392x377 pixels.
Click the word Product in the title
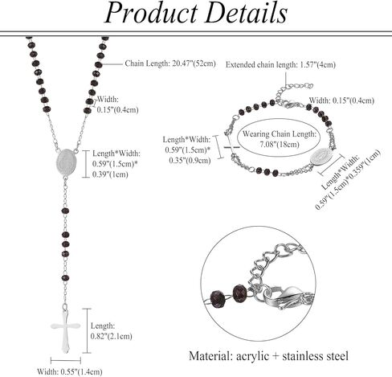click(151, 13)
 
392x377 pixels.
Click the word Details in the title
click(247, 13)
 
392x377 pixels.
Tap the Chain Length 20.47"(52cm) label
click(170, 64)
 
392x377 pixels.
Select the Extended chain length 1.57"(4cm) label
click(280, 64)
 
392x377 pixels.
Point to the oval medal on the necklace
click(67, 162)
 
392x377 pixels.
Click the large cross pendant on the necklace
click(65, 329)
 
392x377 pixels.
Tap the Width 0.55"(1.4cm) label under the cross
click(70, 371)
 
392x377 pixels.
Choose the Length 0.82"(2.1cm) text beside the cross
click(111, 331)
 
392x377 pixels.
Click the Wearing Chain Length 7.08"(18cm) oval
click(279, 137)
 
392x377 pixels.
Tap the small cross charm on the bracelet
click(231, 146)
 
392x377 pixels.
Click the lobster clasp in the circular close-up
click(284, 297)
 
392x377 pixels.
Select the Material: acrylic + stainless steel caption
click(268, 356)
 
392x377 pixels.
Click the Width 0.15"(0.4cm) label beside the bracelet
click(341, 100)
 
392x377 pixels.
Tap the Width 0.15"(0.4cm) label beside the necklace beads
click(117, 104)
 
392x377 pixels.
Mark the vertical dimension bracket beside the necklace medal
click(86, 164)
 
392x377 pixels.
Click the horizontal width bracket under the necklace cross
click(66, 361)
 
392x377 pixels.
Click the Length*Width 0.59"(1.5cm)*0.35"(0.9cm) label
click(187, 150)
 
